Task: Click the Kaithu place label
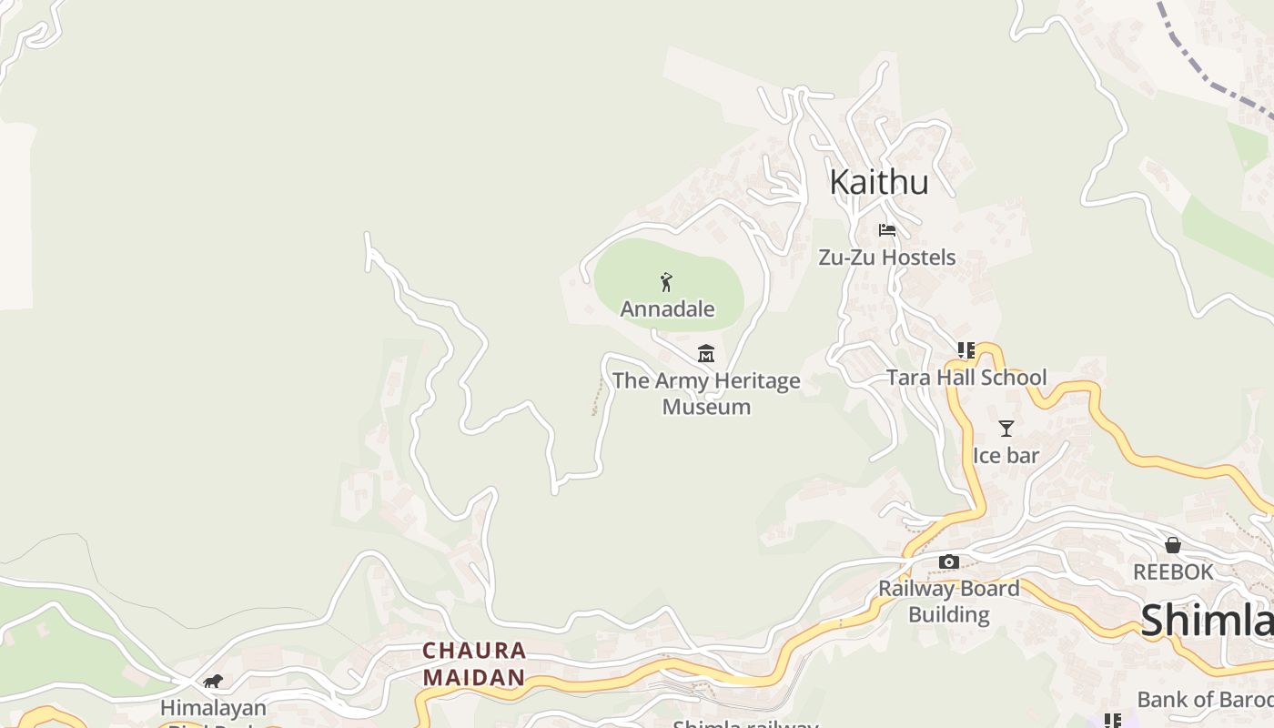[879, 182]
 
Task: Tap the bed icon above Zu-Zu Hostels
[887, 230]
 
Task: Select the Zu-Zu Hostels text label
[886, 258]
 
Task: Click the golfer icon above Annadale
[667, 282]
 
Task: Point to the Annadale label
[667, 309]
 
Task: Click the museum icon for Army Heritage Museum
[706, 353]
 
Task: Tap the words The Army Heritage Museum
[706, 393]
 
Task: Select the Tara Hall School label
[966, 377]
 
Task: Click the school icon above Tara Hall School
[966, 350]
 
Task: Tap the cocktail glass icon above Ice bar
[1006, 428]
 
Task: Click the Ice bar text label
[1006, 455]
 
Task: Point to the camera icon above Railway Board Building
[948, 561]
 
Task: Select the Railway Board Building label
[948, 601]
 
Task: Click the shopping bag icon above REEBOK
[1173, 545]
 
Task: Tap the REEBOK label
[1173, 571]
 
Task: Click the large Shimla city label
[1206, 621]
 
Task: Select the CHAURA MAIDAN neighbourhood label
[474, 663]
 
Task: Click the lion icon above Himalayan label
[213, 681]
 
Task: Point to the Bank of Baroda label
[1204, 699]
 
